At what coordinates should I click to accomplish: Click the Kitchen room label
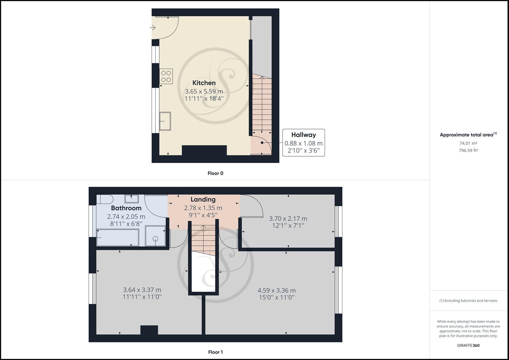click(204, 83)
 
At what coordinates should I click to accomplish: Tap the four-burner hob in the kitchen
click(166, 76)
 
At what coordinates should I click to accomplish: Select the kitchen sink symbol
click(165, 121)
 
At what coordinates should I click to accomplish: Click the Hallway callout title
click(303, 135)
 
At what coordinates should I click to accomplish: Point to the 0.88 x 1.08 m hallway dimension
click(303, 143)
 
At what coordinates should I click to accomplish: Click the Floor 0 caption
click(215, 173)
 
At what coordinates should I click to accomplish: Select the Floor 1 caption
click(215, 352)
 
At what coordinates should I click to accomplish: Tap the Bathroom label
click(126, 208)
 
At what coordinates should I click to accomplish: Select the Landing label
click(203, 199)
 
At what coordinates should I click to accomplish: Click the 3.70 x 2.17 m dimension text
click(288, 219)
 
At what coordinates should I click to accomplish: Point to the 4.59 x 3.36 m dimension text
click(277, 290)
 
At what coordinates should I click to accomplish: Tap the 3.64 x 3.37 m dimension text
click(142, 290)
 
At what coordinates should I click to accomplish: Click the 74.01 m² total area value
click(468, 143)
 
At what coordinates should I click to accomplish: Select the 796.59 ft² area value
click(468, 150)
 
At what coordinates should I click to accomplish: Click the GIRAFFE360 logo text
click(468, 345)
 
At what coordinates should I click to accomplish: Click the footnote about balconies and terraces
click(468, 301)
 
